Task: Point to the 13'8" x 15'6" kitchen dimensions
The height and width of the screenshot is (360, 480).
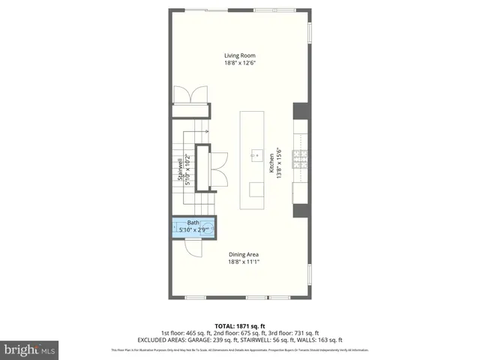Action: point(280,162)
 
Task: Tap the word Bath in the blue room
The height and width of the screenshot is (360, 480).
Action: point(193,223)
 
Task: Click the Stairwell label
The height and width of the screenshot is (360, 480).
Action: point(180,169)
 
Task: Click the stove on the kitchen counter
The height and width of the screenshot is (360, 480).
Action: point(300,159)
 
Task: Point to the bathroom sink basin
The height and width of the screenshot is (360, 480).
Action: point(208,227)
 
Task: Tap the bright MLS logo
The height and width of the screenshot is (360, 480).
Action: point(30,349)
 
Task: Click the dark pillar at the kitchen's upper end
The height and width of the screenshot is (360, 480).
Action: point(300,110)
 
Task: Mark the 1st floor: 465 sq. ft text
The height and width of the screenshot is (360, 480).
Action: point(185,333)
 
